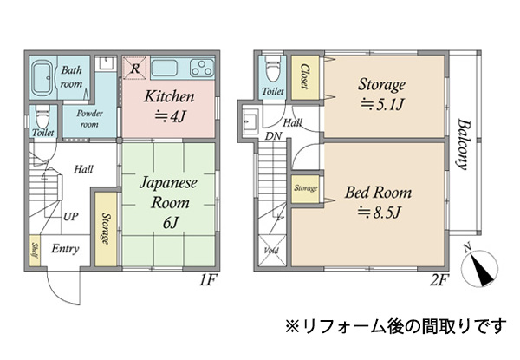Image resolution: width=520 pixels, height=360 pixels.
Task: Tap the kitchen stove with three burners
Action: point(202,68)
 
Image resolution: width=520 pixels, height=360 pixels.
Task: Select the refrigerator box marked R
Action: point(134,68)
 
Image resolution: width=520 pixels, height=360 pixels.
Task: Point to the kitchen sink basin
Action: point(165,69)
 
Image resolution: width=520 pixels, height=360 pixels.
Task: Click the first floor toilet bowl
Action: point(42,117)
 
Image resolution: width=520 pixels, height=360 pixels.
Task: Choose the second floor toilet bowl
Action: point(273,69)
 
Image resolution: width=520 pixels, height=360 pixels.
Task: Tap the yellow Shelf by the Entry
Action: point(35,251)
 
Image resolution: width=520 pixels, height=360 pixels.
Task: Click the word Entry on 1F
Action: point(65,249)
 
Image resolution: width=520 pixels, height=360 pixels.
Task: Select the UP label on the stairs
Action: point(71,217)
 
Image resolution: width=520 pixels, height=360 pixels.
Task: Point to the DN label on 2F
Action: point(273,136)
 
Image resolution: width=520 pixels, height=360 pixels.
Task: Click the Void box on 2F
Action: point(271,251)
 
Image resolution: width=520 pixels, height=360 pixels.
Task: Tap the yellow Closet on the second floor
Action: point(305,77)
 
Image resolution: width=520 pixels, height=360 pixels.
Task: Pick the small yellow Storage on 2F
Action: point(305,189)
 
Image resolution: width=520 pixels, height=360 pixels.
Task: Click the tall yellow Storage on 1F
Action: point(106,229)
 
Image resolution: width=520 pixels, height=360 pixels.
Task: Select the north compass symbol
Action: point(480,265)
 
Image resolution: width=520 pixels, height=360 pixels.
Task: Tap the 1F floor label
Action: point(208,281)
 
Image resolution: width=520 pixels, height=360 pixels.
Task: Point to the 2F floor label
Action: point(439,281)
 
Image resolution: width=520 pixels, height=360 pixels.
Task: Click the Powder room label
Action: point(89,119)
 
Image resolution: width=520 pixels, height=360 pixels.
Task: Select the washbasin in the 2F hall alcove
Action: point(250,121)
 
